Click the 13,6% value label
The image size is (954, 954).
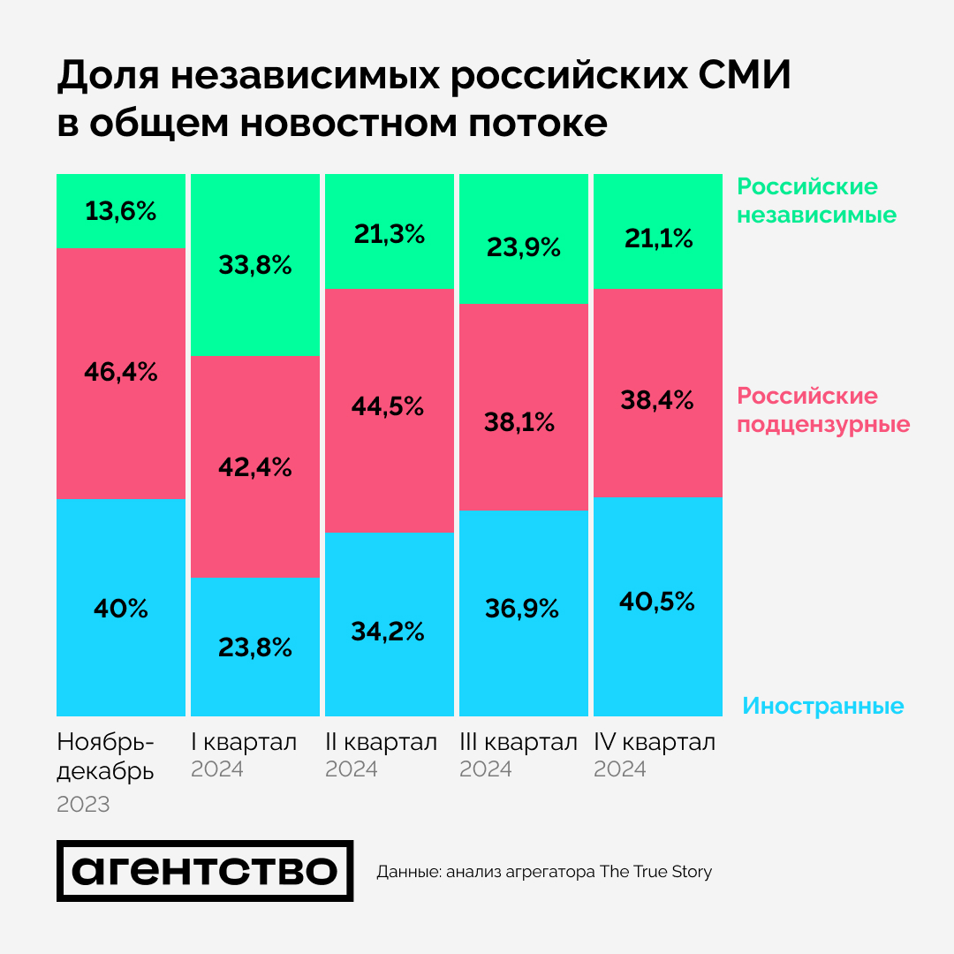click(x=121, y=212)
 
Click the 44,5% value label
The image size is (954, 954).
click(x=390, y=407)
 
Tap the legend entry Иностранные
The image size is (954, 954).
click(x=822, y=707)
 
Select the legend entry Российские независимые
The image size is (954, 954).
click(x=816, y=201)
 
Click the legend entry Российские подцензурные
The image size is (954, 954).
click(x=823, y=410)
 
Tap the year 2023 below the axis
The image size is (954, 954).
click(x=83, y=805)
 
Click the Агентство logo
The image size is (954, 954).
click(x=205, y=871)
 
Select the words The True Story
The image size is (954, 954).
click(x=655, y=872)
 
